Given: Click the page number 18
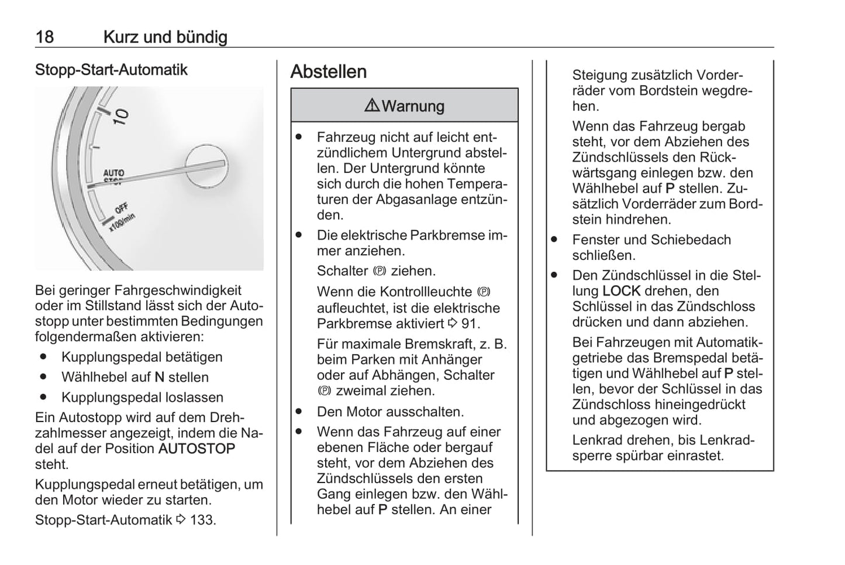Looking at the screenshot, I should click(44, 37).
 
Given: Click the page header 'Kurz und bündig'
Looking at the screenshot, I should click(165, 37).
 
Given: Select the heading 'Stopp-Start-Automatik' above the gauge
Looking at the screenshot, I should click(111, 70).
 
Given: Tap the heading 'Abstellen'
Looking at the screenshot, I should click(329, 71).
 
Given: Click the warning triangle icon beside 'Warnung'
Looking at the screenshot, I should click(371, 105).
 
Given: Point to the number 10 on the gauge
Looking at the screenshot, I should click(121, 116).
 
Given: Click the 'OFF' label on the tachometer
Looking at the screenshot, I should click(121, 208).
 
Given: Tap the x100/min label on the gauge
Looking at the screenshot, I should click(122, 223).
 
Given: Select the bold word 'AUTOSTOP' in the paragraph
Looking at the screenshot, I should click(196, 449).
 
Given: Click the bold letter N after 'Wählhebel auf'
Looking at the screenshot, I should click(159, 378).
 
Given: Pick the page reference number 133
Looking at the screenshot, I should click(202, 520).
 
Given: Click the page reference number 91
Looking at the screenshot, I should click(471, 324).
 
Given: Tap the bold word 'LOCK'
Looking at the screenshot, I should click(621, 291).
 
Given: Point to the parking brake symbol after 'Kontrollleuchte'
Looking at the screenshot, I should click(483, 292).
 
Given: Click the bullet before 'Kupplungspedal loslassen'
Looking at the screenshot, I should click(43, 397).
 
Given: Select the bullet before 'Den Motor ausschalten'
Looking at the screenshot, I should click(299, 412).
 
